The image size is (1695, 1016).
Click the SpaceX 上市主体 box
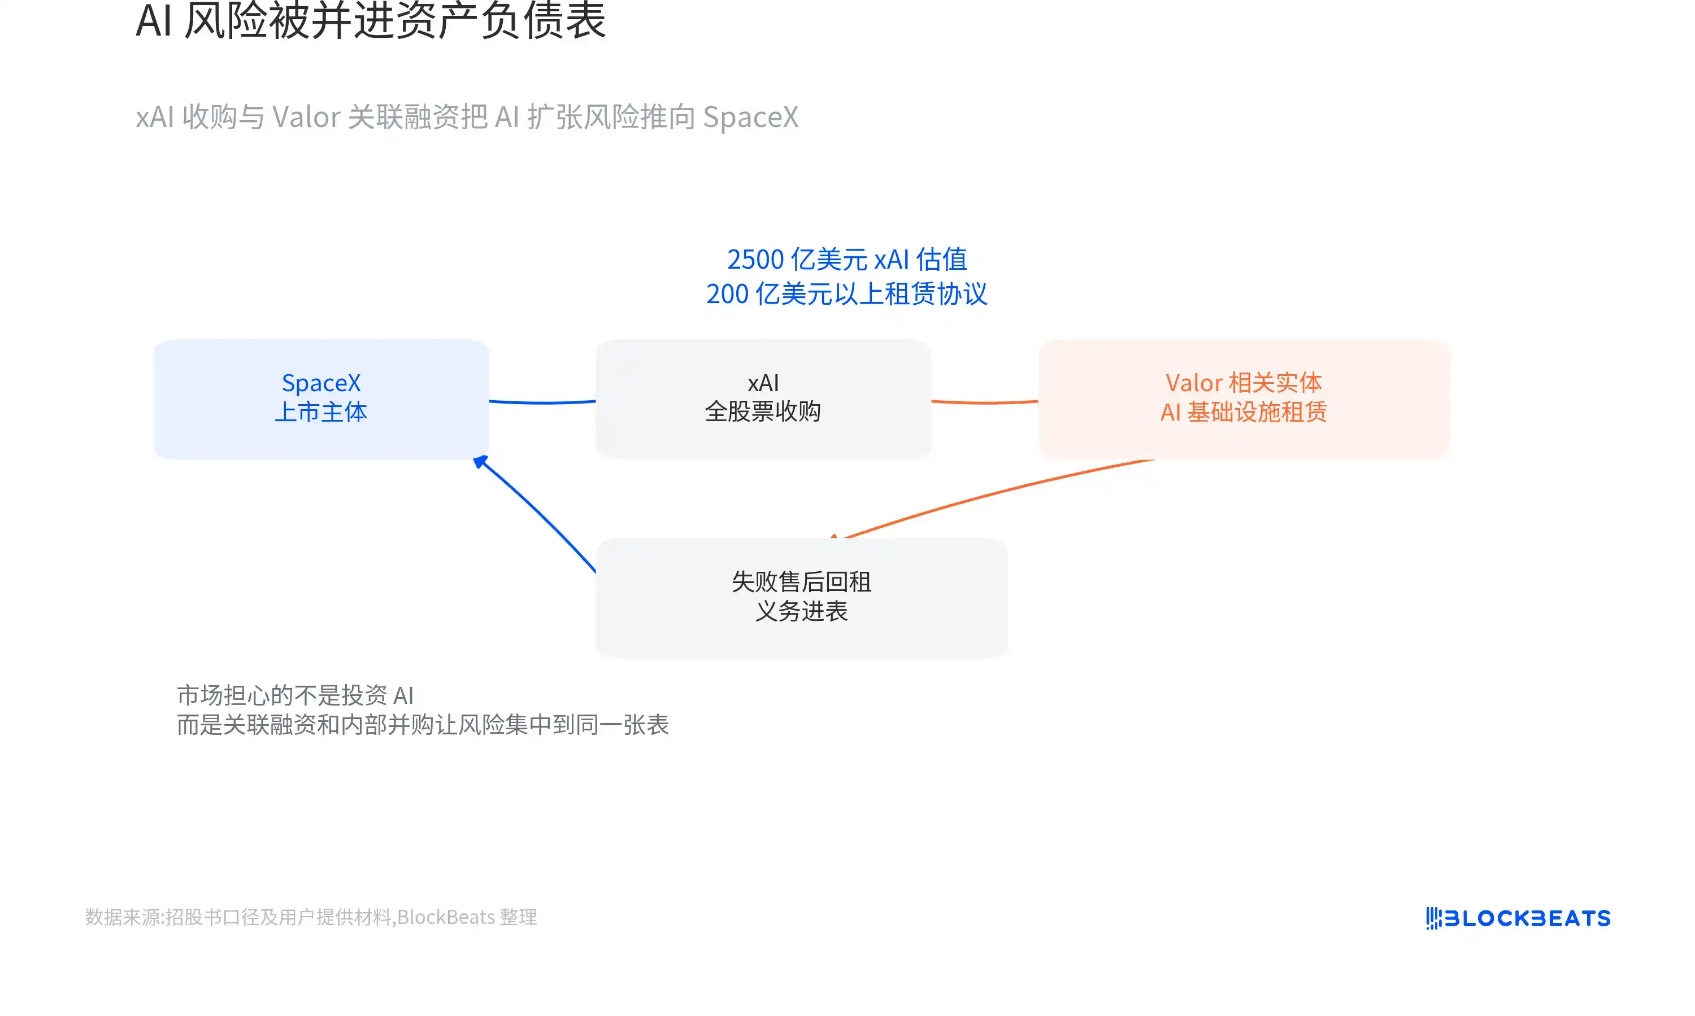point(321,398)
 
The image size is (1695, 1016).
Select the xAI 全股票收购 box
point(763,398)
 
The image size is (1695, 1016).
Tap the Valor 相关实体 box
point(1244,398)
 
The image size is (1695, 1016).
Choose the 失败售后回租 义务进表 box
point(802,597)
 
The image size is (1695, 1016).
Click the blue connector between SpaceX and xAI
point(542,402)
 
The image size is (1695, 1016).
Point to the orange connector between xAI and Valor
point(985,402)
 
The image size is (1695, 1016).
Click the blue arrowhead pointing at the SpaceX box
point(481,462)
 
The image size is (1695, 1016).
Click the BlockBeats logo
point(1518,918)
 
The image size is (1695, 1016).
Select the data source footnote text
point(311,917)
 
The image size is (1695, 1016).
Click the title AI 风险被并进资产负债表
point(371,20)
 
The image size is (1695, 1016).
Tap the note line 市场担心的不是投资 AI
point(295,695)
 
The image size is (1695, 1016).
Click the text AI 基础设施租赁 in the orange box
point(1244,412)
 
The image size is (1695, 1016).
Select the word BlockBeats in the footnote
point(446,917)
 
